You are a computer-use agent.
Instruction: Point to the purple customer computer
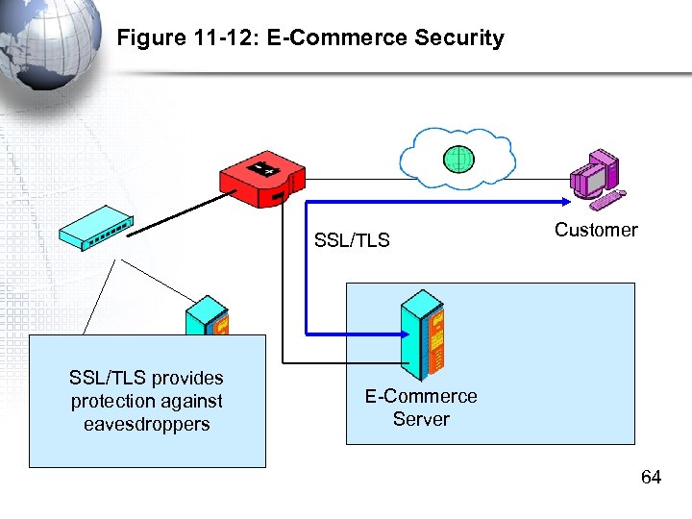tap(595, 178)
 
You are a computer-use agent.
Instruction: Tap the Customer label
tap(596, 230)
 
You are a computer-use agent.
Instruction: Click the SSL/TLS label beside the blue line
tap(352, 240)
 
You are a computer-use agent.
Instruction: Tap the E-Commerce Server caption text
tap(421, 408)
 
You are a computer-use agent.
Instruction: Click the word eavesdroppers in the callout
tap(146, 425)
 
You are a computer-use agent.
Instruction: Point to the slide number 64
tap(651, 478)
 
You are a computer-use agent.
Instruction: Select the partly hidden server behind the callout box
tap(207, 316)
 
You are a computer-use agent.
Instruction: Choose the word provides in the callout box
tap(188, 378)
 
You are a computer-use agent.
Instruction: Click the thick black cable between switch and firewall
tap(178, 214)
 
